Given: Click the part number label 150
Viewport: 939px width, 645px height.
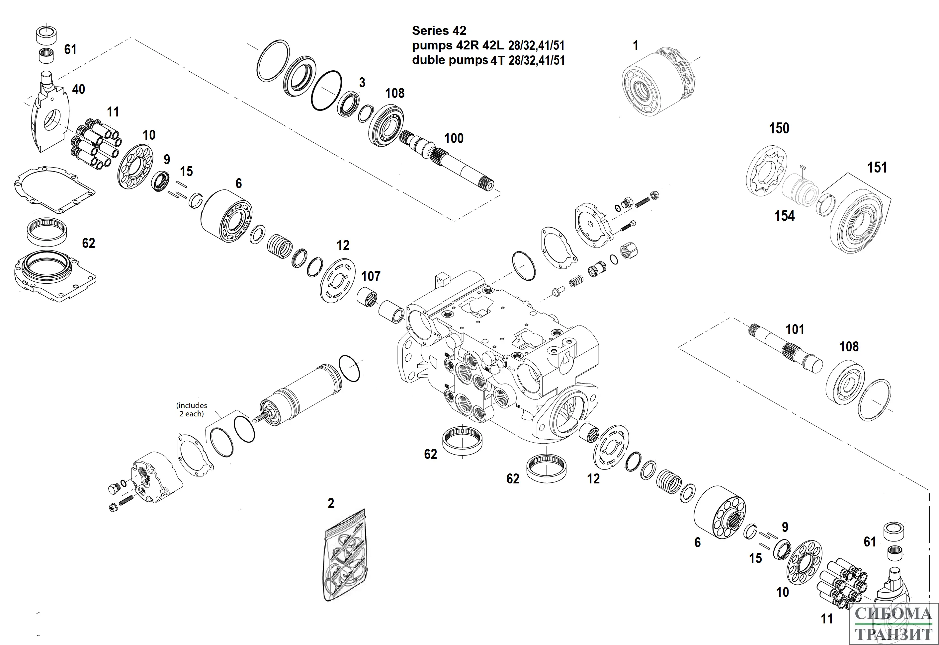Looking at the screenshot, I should [779, 128].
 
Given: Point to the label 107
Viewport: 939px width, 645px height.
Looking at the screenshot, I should [371, 276].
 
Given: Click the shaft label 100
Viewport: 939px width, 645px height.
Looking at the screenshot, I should [454, 139].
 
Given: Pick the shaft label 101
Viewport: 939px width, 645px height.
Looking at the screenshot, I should [795, 329].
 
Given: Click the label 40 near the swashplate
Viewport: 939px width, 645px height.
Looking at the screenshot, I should [78, 89].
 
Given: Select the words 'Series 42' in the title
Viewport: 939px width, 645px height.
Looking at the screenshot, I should [439, 31].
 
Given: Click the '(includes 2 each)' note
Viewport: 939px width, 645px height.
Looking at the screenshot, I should [192, 409].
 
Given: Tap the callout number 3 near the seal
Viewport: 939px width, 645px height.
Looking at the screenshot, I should [362, 82].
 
